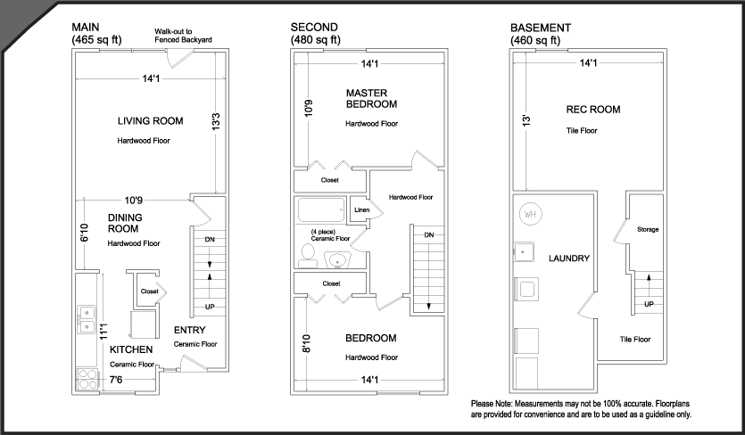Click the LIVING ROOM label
[150, 121]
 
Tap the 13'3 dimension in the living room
[216, 121]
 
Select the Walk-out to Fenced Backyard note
[183, 36]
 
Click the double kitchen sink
[87, 319]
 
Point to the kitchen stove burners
[87, 380]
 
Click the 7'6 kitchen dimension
[116, 380]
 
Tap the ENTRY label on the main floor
[189, 330]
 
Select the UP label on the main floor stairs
[210, 307]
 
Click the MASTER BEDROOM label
[371, 99]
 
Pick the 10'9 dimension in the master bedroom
[309, 108]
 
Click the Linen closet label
[362, 209]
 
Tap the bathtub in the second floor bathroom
[321, 209]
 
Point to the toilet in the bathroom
[308, 257]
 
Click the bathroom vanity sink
[338, 260]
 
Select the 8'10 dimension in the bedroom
[306, 343]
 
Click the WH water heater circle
[530, 214]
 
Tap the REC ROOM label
[593, 110]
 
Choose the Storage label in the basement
[648, 229]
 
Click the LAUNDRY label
[569, 259]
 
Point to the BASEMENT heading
[541, 28]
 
